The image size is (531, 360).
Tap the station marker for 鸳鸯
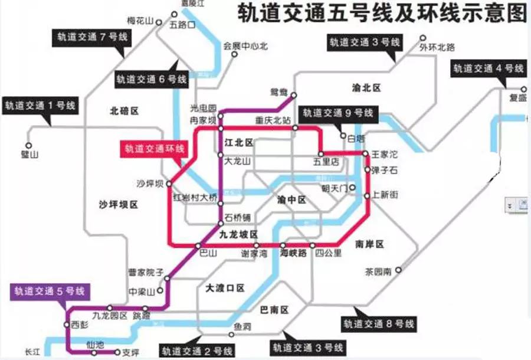[294, 95]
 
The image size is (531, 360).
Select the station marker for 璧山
[28, 145]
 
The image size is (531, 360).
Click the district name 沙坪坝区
[118, 205]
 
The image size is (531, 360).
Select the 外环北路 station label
[437, 47]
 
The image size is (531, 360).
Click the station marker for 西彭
[66, 325]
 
